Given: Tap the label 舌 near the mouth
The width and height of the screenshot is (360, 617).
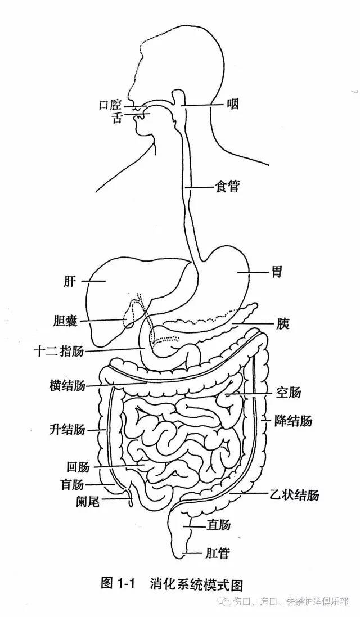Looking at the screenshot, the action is pyautogui.click(x=116, y=118).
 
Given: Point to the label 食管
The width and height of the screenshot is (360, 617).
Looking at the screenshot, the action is pyautogui.click(x=228, y=186).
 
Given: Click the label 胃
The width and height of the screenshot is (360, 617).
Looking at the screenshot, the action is pyautogui.click(x=276, y=272).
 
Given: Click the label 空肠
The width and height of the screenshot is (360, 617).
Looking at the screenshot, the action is pyautogui.click(x=288, y=392).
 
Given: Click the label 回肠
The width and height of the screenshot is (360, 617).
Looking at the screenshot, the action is pyautogui.click(x=78, y=467).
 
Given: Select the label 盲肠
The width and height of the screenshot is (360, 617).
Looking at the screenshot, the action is pyautogui.click(x=72, y=484).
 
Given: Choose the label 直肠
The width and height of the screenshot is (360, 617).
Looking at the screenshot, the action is pyautogui.click(x=219, y=525).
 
